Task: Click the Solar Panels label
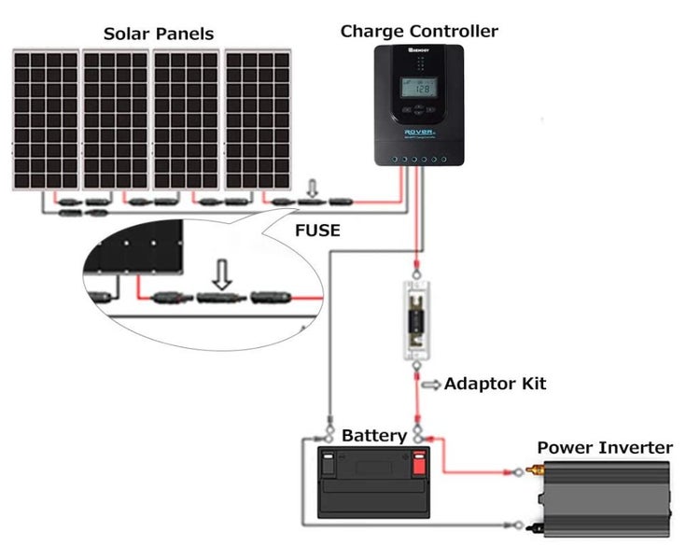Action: pyautogui.click(x=159, y=35)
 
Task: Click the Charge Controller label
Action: pyautogui.click(x=419, y=31)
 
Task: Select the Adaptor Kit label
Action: pyautogui.click(x=496, y=384)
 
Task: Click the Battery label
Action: pyautogui.click(x=373, y=436)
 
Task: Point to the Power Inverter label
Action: pyautogui.click(x=604, y=448)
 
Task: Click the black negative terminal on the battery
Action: pyautogui.click(x=330, y=461)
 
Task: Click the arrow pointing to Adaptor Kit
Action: pyautogui.click(x=431, y=384)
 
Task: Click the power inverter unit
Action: pyautogui.click(x=604, y=501)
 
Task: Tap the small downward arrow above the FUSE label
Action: pyautogui.click(x=312, y=192)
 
